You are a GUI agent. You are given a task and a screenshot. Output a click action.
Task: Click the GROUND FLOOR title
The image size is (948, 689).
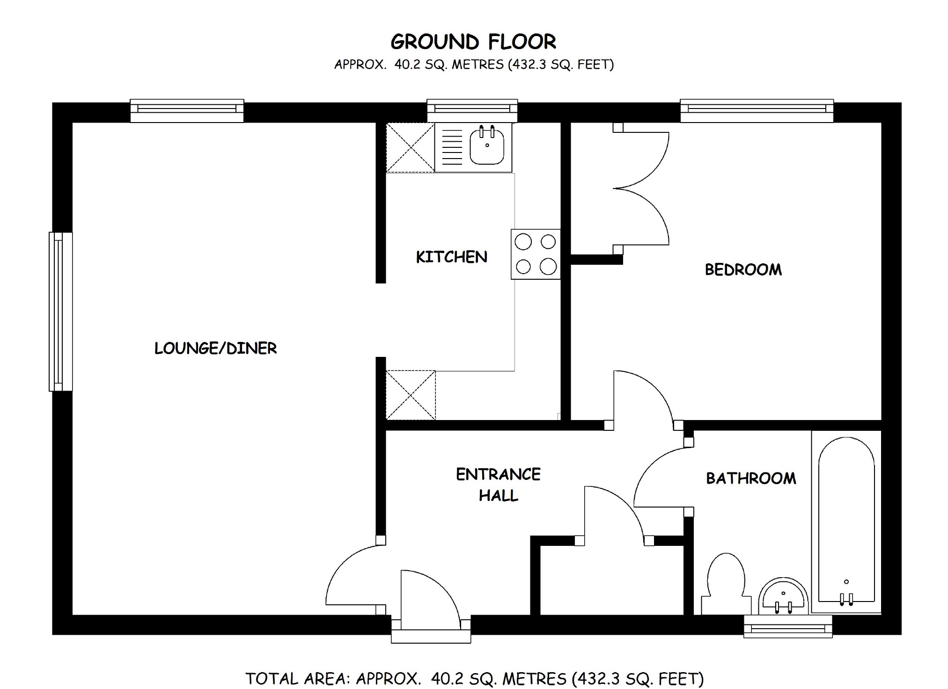click(473, 42)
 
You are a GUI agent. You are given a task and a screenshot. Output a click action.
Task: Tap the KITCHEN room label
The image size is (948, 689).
click(451, 257)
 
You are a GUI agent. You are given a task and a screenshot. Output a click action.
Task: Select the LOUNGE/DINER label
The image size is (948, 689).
click(215, 348)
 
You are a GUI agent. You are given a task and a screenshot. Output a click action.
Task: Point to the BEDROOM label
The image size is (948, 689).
click(743, 269)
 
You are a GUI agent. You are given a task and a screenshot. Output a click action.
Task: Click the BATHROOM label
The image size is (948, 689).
click(751, 478)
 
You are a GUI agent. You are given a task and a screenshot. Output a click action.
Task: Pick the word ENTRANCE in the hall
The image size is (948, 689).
click(498, 474)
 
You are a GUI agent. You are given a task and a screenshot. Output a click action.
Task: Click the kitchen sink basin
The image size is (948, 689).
click(487, 146)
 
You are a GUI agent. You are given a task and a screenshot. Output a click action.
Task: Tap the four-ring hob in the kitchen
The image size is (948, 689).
click(536, 254)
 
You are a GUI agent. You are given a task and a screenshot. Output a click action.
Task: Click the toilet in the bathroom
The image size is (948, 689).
click(726, 582)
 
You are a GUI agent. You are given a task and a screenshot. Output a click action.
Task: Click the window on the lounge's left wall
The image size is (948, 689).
click(60, 312)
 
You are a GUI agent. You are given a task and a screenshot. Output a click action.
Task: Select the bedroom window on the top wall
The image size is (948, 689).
click(757, 110)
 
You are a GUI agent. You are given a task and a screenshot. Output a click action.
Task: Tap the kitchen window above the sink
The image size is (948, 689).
click(472, 110)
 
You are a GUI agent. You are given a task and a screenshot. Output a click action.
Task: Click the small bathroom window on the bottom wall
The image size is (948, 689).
click(788, 626)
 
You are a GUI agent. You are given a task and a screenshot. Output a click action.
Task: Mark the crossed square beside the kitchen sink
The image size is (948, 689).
click(410, 147)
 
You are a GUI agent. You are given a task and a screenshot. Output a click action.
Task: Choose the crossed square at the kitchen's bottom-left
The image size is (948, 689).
click(411, 395)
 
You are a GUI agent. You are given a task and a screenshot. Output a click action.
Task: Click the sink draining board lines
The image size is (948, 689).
click(452, 146)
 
